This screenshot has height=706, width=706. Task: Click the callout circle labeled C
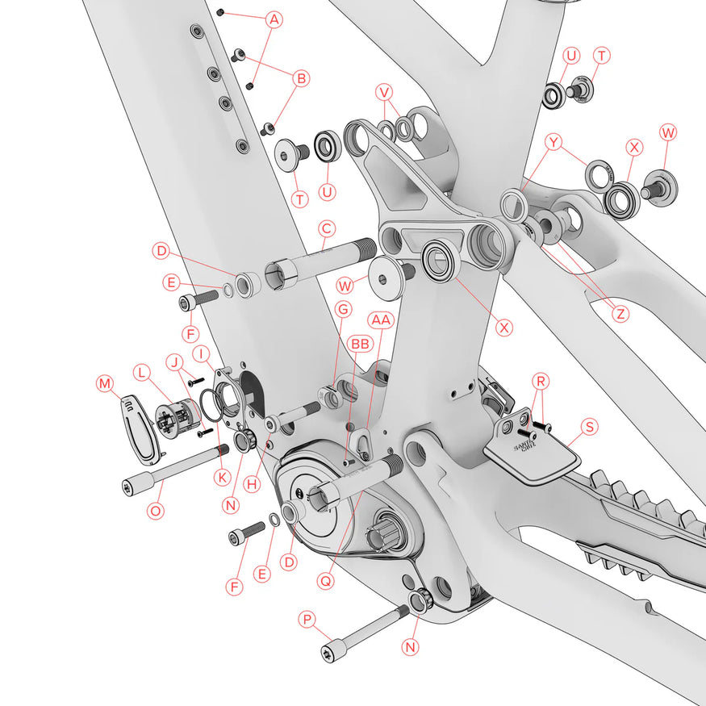tap(327, 228)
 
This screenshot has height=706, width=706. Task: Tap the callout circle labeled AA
tap(381, 320)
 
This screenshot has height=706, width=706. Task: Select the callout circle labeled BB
tap(360, 345)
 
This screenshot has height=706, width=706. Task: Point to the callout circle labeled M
tap(105, 383)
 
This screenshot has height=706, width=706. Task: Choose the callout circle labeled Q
tap(325, 581)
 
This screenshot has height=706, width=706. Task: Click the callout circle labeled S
tap(590, 426)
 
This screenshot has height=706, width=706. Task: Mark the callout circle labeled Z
tap(621, 314)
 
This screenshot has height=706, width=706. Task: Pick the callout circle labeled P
tap(307, 620)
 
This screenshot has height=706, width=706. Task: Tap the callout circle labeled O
tap(156, 511)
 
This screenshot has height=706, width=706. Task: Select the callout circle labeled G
tap(344, 310)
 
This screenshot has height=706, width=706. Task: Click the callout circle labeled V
tap(384, 92)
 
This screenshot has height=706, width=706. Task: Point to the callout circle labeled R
tap(541, 382)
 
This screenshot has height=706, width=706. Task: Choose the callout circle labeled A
tap(274, 19)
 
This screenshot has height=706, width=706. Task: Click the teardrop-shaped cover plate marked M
tap(139, 429)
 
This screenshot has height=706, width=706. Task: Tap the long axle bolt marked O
tap(175, 469)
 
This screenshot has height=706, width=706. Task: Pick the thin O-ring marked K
tap(211, 405)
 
